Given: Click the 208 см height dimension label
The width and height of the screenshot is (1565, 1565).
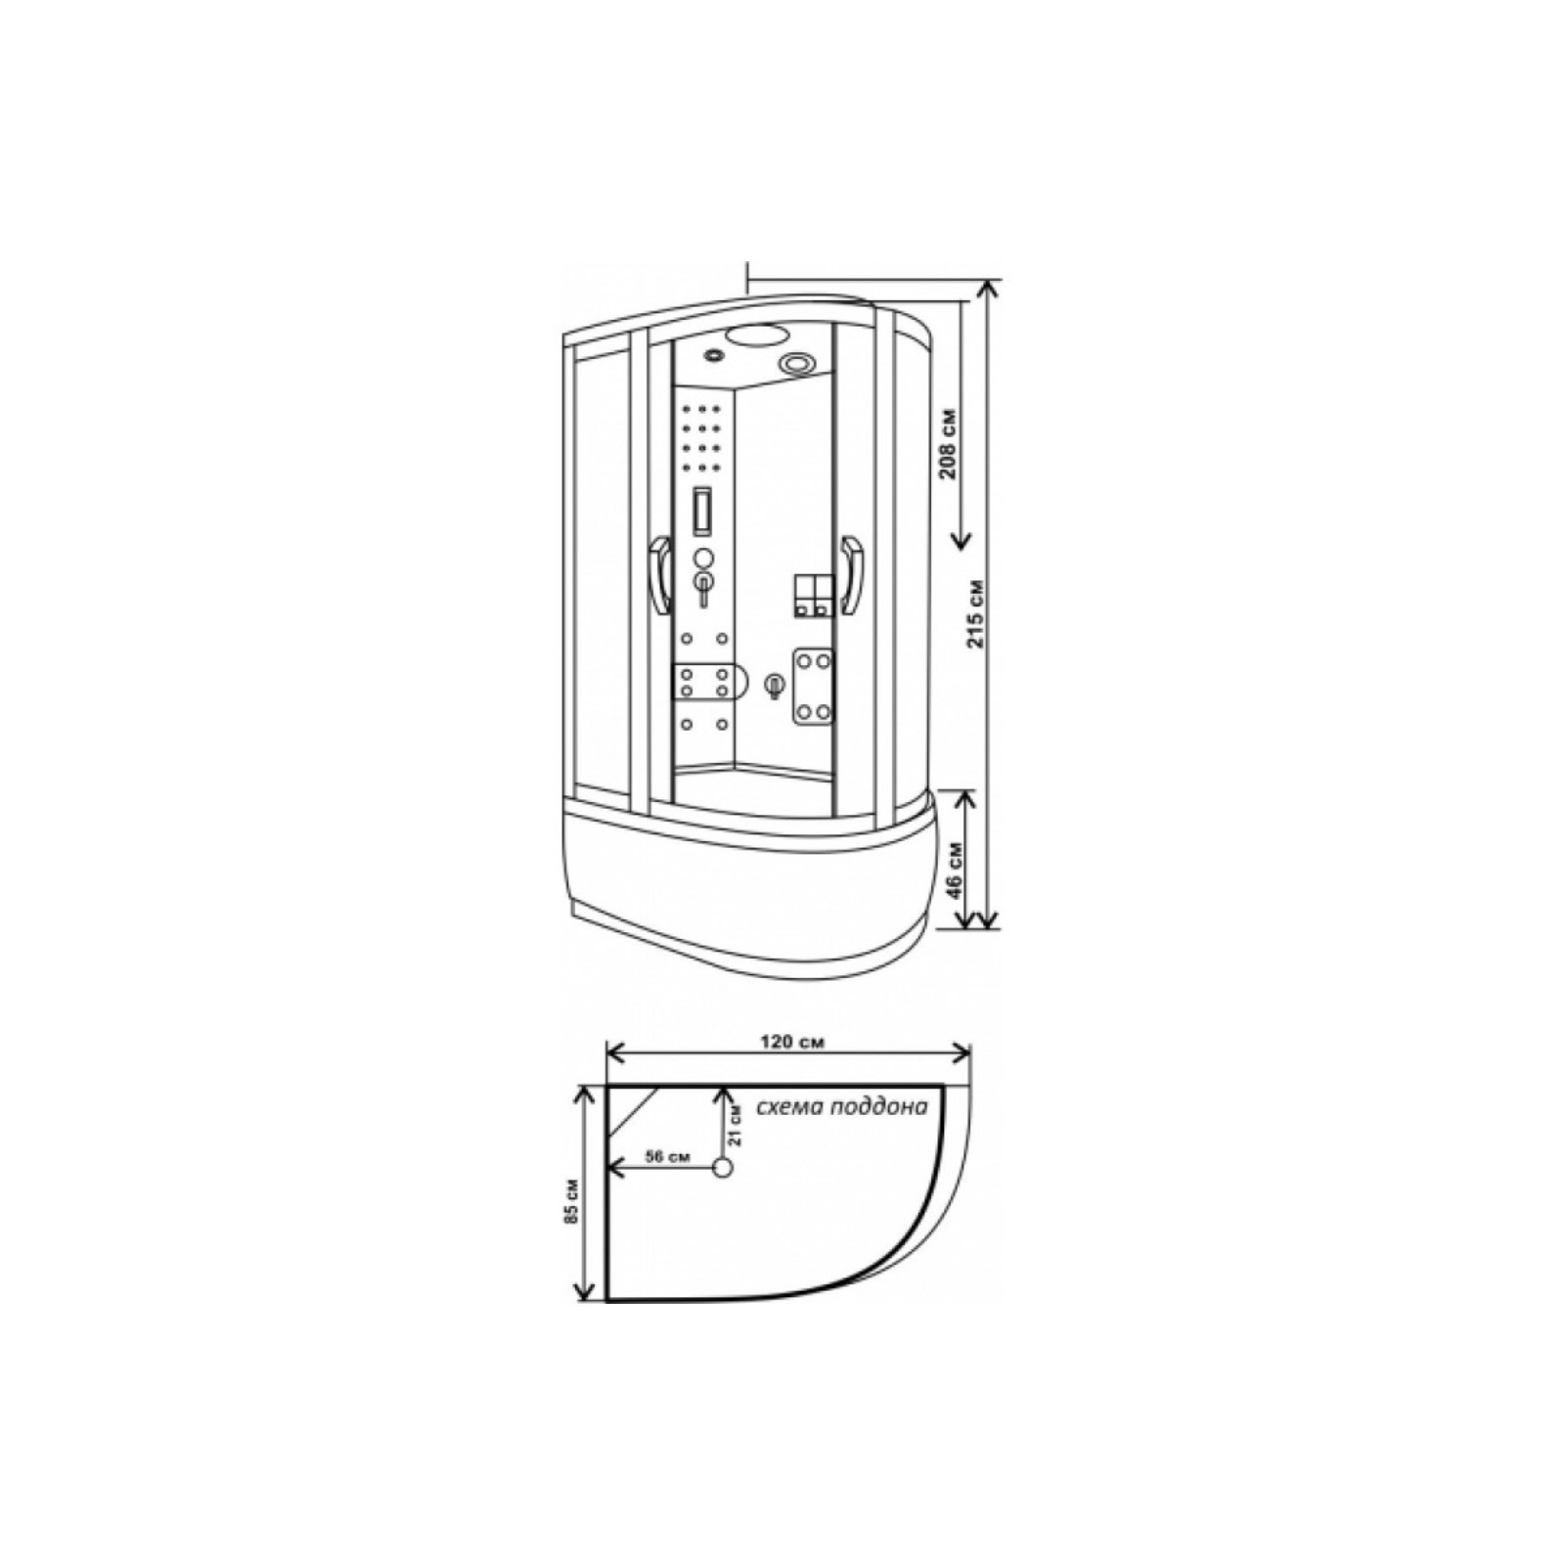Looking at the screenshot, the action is click(948, 445).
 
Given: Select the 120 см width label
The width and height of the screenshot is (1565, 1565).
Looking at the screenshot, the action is click(791, 1042).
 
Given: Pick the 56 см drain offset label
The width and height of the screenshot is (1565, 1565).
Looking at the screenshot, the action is click(669, 1156).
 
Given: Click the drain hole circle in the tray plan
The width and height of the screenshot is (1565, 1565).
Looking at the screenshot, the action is click(723, 1168).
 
